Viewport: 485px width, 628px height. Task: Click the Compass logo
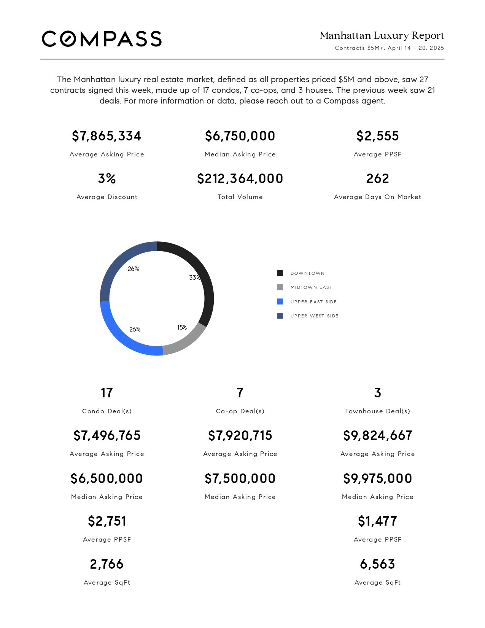click(102, 39)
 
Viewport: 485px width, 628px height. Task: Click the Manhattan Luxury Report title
click(382, 35)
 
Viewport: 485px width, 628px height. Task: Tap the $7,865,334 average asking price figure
click(107, 136)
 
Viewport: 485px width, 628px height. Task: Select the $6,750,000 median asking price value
click(240, 136)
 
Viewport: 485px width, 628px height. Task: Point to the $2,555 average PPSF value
click(378, 136)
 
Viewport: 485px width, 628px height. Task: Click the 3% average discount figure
click(107, 179)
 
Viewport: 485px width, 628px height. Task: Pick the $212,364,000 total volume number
click(240, 179)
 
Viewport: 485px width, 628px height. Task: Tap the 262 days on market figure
click(378, 179)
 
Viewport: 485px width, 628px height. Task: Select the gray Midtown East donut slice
click(187, 341)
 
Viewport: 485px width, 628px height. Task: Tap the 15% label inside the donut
click(182, 327)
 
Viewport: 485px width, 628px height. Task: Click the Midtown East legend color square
click(280, 287)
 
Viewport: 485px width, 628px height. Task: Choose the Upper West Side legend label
click(314, 316)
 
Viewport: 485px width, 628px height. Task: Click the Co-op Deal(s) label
click(240, 411)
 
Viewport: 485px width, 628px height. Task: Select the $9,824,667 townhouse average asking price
click(378, 435)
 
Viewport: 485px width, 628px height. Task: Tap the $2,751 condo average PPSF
click(107, 521)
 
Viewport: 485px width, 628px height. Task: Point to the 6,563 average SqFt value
click(378, 564)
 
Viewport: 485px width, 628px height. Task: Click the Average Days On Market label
click(378, 197)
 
